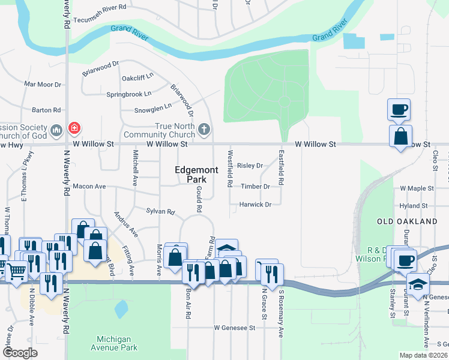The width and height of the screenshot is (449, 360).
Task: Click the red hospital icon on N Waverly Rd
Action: pyautogui.click(x=74, y=128)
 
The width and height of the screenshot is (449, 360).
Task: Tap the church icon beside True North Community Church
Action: pyautogui.click(x=205, y=128)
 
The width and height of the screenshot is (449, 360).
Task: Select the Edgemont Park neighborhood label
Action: pyautogui.click(x=190, y=175)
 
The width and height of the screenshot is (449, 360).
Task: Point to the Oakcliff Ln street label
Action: pyautogui.click(x=137, y=77)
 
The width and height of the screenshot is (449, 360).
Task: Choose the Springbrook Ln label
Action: pyautogui.click(x=128, y=94)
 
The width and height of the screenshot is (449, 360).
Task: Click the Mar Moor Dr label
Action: pyautogui.click(x=43, y=85)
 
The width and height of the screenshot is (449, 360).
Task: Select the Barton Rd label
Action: pyautogui.click(x=46, y=110)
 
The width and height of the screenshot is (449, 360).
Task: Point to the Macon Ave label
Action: pyautogui.click(x=89, y=187)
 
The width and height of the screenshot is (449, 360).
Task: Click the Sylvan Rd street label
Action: pyautogui.click(x=160, y=212)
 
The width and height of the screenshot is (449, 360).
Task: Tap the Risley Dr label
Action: pyautogui.click(x=250, y=166)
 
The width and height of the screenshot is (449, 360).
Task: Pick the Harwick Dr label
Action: pyautogui.click(x=256, y=205)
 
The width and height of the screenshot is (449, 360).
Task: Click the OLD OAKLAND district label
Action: pyautogui.click(x=407, y=221)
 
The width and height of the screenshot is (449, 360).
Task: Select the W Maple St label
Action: pyautogui.click(x=418, y=188)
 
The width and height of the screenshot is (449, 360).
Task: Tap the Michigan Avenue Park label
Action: pyautogui.click(x=114, y=343)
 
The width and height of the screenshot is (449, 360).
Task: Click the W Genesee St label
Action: pyautogui.click(x=235, y=328)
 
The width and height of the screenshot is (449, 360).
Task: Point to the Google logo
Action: pyautogui.click(x=20, y=353)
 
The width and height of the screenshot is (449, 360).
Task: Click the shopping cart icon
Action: pyautogui.click(x=16, y=271)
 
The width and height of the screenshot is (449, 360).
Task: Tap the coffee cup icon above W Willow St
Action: pyautogui.click(x=399, y=110)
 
